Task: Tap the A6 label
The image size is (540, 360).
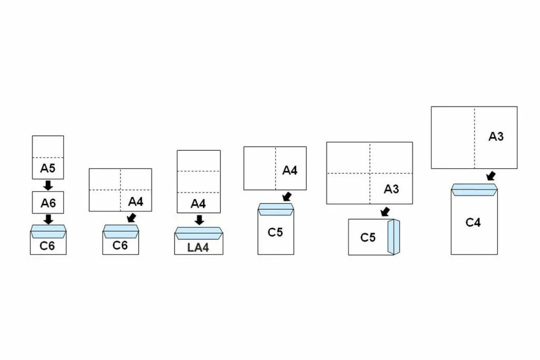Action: point(48,202)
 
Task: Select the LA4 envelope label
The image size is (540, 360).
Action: point(198,247)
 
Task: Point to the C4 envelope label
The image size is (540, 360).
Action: point(473,222)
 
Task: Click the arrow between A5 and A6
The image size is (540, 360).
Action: point(48,185)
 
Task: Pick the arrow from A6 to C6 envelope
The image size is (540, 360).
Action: point(48,218)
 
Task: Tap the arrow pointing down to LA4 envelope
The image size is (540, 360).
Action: point(199,220)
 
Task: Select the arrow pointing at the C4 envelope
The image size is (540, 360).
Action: point(491,176)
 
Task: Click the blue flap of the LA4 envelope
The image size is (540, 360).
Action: point(199,232)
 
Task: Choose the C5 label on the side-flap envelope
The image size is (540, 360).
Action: point(368,238)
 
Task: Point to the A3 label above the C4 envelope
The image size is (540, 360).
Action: point(496,137)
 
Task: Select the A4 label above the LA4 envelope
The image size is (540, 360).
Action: point(198,203)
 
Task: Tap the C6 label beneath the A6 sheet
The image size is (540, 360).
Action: point(47,246)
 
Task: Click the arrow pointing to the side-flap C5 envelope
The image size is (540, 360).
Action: point(385,212)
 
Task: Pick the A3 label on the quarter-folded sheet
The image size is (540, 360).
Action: point(391,189)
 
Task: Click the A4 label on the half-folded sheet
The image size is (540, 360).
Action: point(290,170)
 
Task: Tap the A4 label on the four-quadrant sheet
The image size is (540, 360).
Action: point(136,201)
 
